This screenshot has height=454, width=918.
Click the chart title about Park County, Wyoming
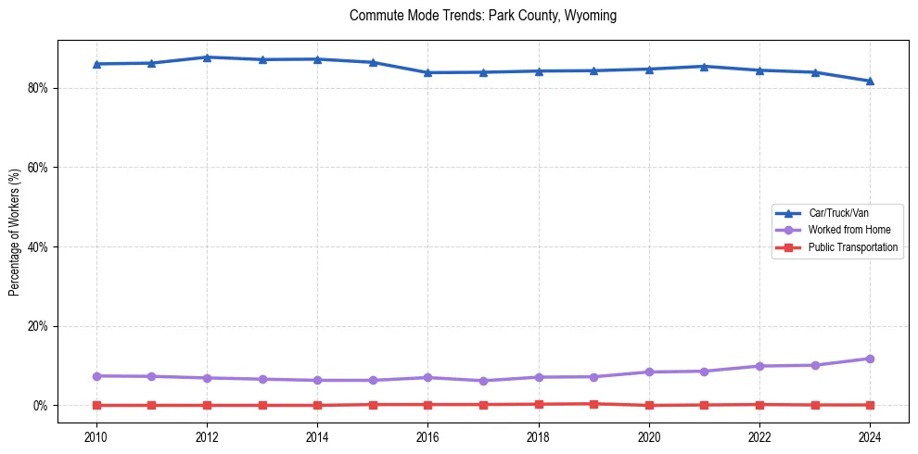482,16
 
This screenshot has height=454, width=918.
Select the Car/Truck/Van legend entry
838,213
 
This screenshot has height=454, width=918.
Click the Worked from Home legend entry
844,230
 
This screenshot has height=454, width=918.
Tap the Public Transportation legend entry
852,247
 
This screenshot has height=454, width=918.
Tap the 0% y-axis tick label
43,406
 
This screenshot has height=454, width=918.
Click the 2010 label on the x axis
96,435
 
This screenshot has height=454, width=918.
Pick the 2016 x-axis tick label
427,435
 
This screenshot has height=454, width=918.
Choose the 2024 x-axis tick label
870,435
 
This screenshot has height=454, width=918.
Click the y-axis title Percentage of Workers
15,232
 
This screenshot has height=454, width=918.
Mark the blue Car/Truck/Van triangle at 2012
207,57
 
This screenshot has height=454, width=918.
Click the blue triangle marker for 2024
870,81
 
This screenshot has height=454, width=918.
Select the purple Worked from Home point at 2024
870,359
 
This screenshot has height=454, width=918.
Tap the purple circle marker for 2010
96,376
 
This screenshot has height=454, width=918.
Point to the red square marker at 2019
593,404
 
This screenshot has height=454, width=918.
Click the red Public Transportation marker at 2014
317,405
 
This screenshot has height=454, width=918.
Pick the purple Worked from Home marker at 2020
649,372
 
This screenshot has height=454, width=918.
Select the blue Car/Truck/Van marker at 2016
427,72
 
